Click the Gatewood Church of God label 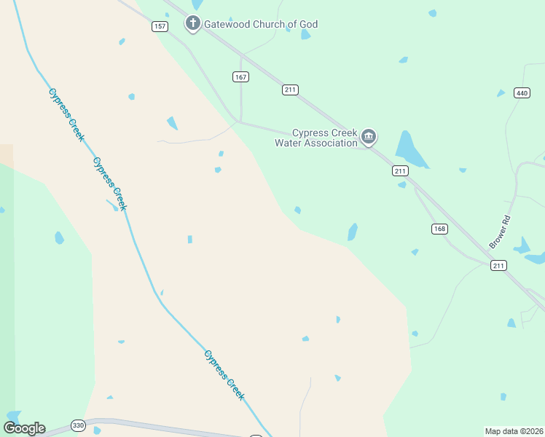261,24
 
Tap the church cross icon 193,24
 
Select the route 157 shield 160,26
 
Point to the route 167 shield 241,76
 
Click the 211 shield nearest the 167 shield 291,90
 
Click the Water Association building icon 369,136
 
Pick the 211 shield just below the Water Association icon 399,170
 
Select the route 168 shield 439,229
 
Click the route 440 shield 521,92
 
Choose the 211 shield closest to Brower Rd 498,265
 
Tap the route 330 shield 79,425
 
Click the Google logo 24,428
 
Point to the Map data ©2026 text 514,431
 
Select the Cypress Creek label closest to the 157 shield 67,114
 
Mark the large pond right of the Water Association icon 409,149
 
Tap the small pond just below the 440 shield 501,93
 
